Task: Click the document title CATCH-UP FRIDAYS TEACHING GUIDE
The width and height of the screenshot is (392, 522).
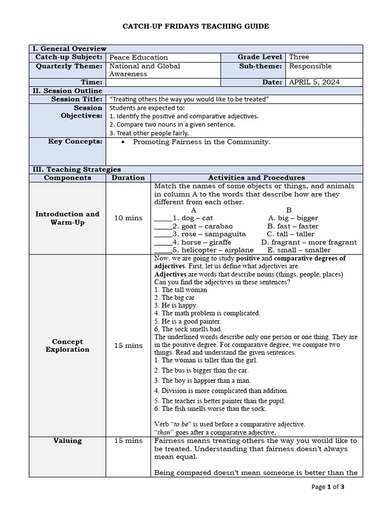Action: (196, 26)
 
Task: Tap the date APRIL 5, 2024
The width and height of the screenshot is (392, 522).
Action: (314, 82)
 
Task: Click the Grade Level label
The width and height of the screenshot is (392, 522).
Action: (260, 57)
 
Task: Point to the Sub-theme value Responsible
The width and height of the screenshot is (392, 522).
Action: (310, 66)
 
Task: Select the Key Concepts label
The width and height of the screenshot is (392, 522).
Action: (75, 142)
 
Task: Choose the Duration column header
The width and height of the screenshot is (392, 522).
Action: (128, 178)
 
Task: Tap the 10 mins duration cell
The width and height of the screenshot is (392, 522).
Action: (128, 218)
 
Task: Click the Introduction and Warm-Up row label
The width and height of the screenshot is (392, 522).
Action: (67, 218)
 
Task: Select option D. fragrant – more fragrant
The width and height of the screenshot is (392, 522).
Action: (309, 242)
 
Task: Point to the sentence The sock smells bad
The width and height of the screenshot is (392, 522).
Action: (185, 329)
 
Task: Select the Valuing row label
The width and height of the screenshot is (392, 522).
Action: (67, 440)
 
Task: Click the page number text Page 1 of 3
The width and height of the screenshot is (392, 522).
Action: (328, 487)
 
